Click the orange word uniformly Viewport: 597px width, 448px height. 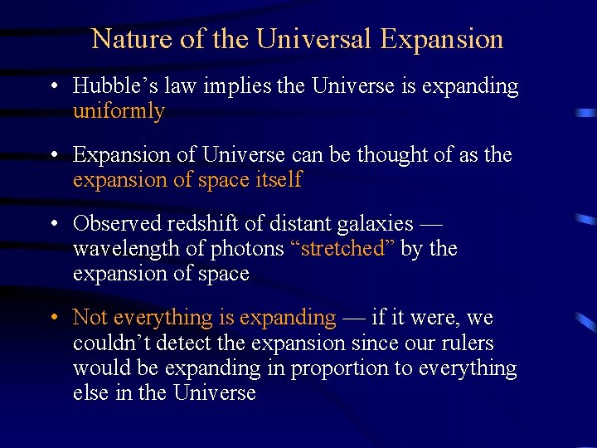point(119,111)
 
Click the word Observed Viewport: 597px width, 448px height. point(118,224)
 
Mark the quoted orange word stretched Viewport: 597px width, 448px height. point(342,249)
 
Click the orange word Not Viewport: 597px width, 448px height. point(90,318)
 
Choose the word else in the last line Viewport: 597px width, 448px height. point(89,392)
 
